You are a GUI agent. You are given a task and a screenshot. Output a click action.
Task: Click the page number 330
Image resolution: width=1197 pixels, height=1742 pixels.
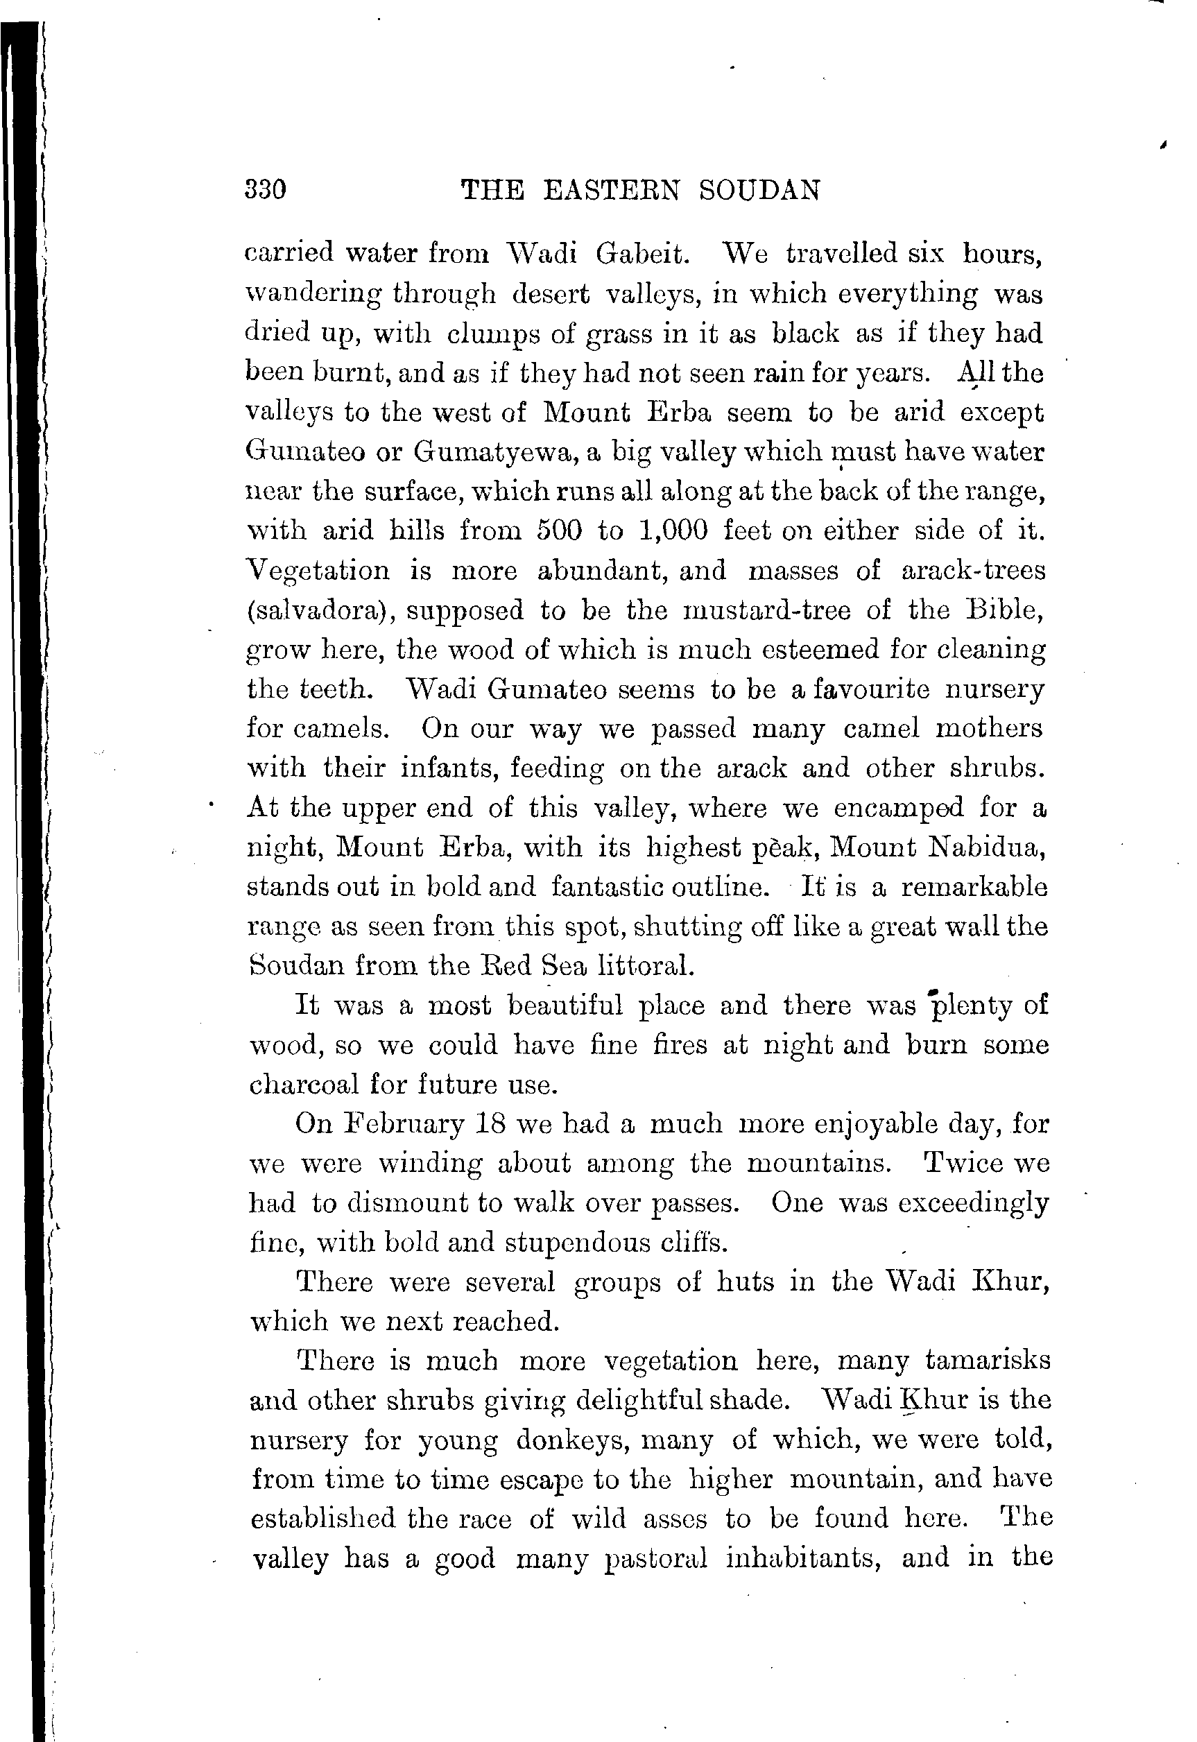tap(266, 189)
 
